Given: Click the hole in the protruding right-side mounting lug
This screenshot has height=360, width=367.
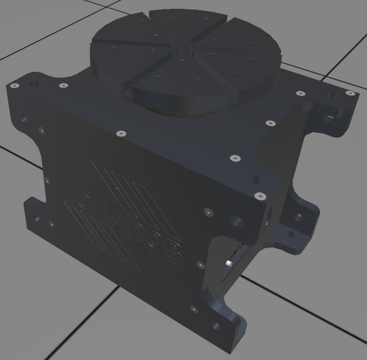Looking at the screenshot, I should tap(299, 218).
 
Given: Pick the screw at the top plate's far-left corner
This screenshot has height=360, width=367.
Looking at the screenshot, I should tap(14, 86).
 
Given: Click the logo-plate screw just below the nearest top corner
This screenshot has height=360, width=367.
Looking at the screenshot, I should tap(205, 212).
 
